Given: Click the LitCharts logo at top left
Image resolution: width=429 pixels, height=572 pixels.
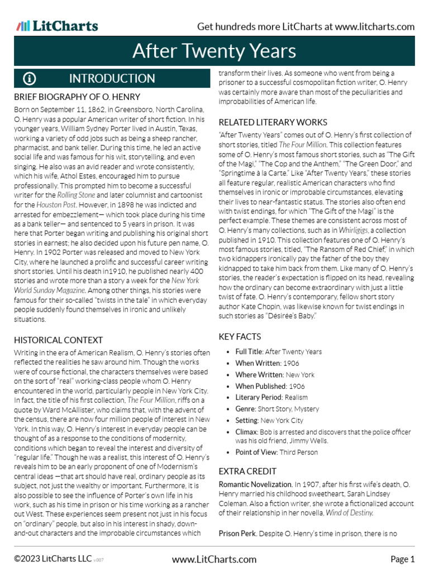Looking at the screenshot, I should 57,26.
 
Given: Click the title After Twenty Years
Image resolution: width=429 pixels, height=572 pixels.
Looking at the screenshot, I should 214,51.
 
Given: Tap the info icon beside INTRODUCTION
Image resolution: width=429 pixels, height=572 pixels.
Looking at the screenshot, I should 29,78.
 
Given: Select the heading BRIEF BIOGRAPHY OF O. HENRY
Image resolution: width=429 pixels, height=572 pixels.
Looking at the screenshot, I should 77,97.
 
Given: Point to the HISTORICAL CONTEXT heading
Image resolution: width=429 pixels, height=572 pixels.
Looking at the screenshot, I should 58,340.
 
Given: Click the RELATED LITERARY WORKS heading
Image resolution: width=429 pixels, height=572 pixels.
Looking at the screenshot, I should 273,122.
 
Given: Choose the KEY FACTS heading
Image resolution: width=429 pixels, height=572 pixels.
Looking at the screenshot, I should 240,336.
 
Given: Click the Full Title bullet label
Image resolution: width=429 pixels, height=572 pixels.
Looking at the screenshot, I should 249,352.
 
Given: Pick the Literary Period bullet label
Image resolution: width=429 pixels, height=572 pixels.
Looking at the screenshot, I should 259,397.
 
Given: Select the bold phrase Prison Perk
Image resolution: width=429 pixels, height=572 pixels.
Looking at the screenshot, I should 237,533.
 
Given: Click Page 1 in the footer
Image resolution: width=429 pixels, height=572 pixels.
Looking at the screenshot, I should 402,559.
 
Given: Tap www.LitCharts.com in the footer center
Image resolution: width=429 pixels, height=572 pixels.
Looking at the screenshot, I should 214,559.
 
